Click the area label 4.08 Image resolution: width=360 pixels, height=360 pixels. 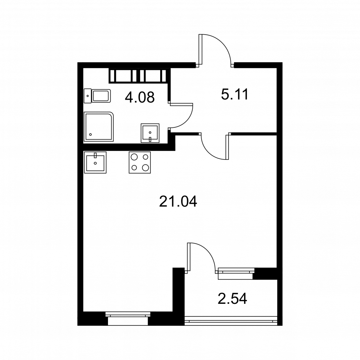coord(140,97)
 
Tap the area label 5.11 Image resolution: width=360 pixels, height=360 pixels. coord(235,94)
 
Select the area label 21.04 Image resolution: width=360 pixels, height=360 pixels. coord(178,202)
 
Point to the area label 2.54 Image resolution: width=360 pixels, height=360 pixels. coord(232,299)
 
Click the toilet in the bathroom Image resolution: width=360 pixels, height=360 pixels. coord(97,96)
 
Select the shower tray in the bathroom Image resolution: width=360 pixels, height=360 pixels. coord(99,126)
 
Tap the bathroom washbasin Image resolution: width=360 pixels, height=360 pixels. coord(150,133)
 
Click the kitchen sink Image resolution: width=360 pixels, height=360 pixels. coord(95,162)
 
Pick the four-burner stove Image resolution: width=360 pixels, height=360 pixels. coord(140,162)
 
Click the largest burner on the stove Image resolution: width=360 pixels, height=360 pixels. coord(145,168)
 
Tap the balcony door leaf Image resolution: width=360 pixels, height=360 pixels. coord(189,257)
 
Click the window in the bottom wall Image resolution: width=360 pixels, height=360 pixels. coord(128,319)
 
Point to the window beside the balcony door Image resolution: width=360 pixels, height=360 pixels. coord(236,274)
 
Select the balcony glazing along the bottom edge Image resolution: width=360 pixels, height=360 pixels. coord(231,321)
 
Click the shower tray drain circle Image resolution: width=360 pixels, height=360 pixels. coord(90,135)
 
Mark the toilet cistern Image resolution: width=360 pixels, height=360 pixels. coord(88,96)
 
